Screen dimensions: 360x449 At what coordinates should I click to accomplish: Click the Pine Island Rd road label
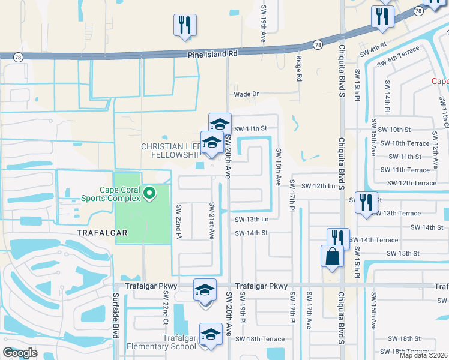tap(212, 54)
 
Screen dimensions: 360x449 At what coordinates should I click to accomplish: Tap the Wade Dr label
tap(246, 94)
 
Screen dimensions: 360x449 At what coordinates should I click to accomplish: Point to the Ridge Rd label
tap(298, 69)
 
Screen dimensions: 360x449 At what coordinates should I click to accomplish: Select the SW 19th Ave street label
tap(263, 28)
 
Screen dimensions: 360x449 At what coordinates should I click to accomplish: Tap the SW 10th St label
tap(391, 130)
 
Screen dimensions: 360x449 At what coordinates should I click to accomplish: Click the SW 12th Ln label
tap(318, 186)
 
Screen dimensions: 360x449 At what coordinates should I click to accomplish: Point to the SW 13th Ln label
tap(250, 220)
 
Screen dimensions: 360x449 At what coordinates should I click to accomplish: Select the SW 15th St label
tap(403, 253)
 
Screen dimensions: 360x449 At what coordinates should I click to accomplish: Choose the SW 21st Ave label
tap(211, 221)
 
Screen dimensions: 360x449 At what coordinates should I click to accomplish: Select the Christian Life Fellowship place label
tap(170, 151)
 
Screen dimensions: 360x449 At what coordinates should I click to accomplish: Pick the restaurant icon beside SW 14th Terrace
tap(339, 239)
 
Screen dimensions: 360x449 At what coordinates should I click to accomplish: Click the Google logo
tap(20, 353)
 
